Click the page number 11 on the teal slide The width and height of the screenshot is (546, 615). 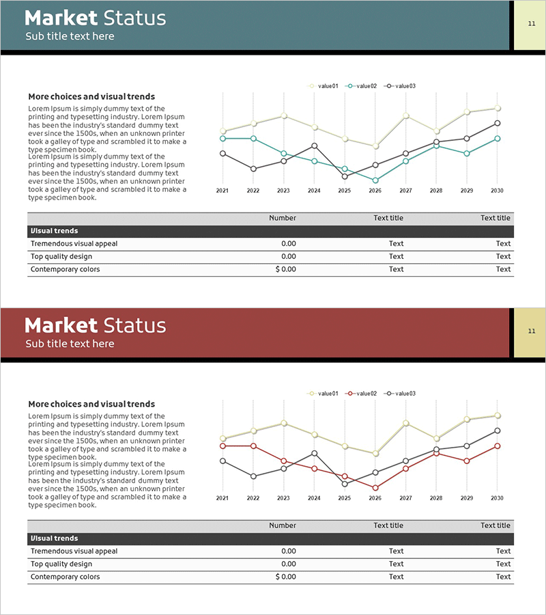(x=532, y=24)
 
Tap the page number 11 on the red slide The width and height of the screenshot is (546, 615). (x=532, y=331)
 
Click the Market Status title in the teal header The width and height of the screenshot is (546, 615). (x=95, y=18)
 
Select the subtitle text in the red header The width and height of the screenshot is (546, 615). (x=70, y=344)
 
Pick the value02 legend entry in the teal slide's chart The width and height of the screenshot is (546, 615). (x=362, y=86)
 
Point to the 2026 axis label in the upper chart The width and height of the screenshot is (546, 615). (x=375, y=191)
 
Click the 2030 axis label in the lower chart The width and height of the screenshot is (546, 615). (x=497, y=498)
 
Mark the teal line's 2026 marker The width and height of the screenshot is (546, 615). (x=375, y=180)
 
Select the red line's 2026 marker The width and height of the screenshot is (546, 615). (x=375, y=488)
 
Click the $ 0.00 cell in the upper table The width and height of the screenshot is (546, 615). (x=286, y=269)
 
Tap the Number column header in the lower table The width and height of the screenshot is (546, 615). (x=283, y=525)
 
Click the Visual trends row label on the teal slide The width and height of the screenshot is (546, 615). (x=55, y=231)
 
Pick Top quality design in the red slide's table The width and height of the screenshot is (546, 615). (x=61, y=564)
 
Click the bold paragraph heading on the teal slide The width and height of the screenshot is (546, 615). (x=91, y=97)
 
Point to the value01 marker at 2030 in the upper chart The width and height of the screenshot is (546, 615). (x=498, y=108)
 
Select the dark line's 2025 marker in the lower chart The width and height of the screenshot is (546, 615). (x=345, y=484)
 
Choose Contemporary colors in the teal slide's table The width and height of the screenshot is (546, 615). (x=65, y=269)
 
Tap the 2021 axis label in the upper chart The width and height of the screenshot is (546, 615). (x=222, y=191)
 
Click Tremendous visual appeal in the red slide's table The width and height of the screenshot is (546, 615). (x=74, y=551)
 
